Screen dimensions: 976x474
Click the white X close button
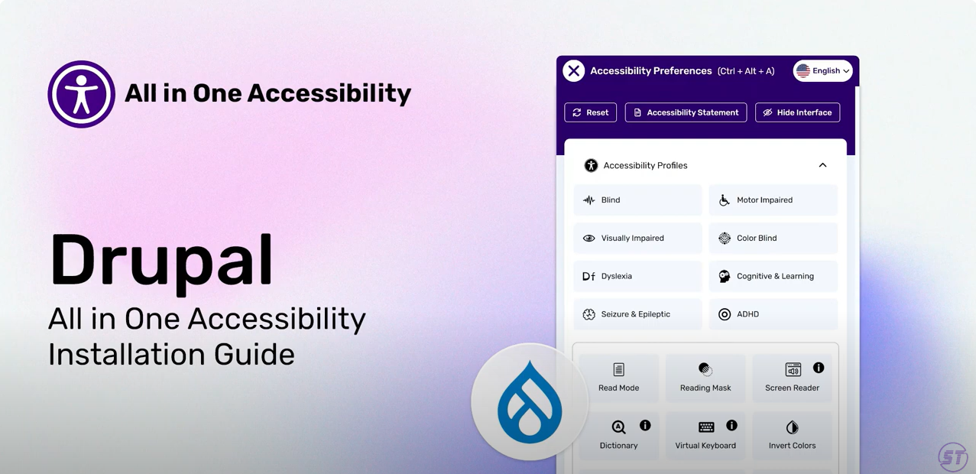(573, 70)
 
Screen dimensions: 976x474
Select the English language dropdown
(822, 70)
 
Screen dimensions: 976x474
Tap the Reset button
(590, 112)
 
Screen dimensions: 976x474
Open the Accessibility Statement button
(686, 112)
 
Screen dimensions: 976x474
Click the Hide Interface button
(797, 112)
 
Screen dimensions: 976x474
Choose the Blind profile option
(637, 200)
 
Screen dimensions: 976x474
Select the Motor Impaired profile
(773, 200)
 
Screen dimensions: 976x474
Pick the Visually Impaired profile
(637, 238)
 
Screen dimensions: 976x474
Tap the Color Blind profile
(773, 238)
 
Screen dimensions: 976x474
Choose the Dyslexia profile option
(637, 276)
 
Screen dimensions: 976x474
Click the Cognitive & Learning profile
(773, 276)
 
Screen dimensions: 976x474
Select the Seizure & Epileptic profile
(637, 314)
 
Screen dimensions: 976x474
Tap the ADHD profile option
(773, 314)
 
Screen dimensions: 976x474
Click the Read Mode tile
(619, 378)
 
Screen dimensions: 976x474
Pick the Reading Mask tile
(705, 378)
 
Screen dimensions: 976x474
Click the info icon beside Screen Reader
(819, 368)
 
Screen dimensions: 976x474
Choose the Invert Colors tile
(792, 435)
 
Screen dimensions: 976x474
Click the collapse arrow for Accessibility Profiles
(822, 165)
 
